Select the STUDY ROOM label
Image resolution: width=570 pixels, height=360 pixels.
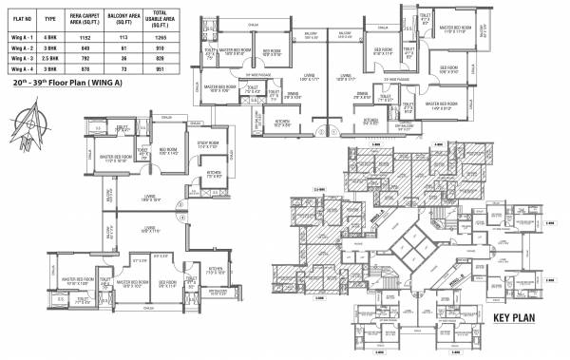tap(208, 144)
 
